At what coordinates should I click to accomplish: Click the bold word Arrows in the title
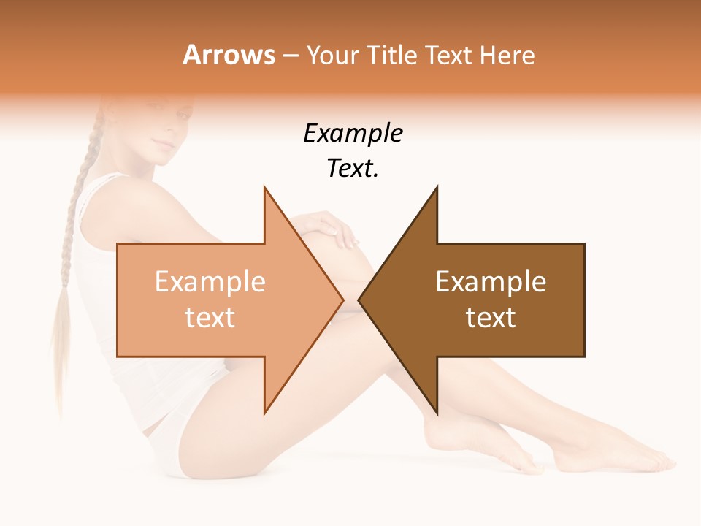pos(229,55)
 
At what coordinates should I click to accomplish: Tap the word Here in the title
pos(507,55)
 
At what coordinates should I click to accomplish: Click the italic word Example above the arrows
pos(353,134)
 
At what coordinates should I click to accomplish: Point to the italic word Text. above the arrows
pos(353,169)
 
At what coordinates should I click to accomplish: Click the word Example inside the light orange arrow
pos(210,282)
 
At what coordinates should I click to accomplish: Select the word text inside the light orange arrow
pos(210,317)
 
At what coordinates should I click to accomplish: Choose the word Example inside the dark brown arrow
pos(491,282)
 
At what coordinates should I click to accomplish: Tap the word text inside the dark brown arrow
pos(491,317)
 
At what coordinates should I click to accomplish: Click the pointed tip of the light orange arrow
pos(342,300)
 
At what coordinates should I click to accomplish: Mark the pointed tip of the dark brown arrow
pos(359,300)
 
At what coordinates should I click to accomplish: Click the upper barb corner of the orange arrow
pos(264,188)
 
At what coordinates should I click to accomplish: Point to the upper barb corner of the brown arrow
pos(437,188)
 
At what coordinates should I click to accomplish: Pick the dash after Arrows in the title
pos(288,55)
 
